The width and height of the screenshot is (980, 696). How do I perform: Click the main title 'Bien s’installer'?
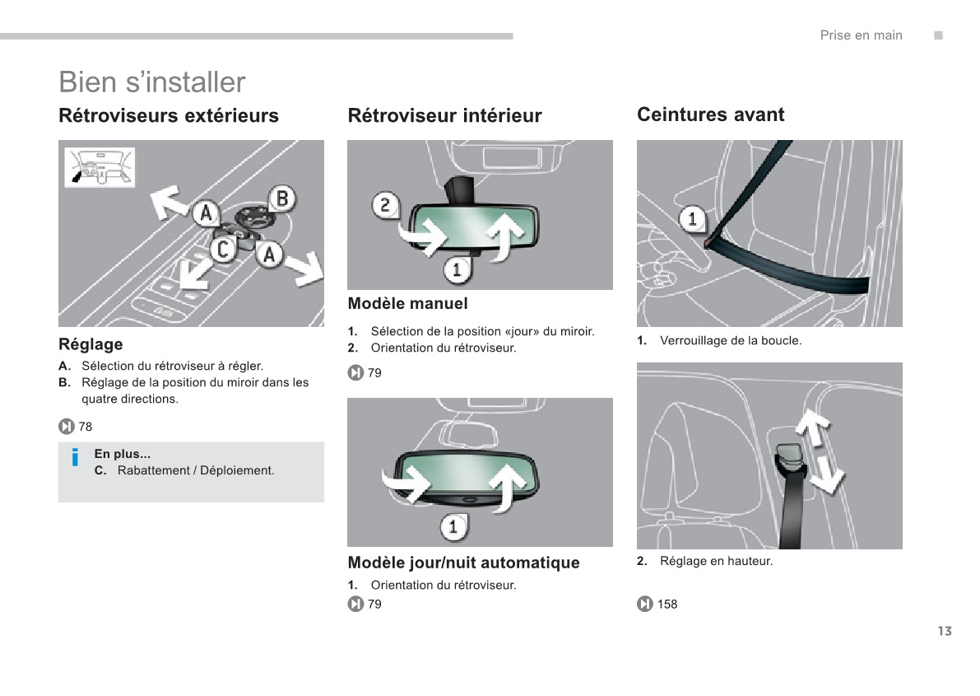pos(152,82)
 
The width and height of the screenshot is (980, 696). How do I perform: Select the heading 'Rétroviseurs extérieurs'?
pos(169,115)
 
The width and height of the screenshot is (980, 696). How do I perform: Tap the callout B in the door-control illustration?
pos(282,199)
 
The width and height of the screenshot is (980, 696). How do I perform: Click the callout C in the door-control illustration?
pos(222,249)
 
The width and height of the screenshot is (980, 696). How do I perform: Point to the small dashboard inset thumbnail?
pos(100,167)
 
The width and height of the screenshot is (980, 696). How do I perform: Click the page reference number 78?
pos(86,427)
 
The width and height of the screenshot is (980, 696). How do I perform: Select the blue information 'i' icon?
pos(75,457)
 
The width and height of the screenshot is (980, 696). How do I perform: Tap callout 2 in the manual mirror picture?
pos(386,205)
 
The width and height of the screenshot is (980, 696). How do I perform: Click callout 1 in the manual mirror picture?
pos(457,269)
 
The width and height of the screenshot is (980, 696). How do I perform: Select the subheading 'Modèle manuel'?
pos(407,304)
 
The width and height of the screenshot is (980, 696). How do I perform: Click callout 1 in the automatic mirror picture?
pos(453,526)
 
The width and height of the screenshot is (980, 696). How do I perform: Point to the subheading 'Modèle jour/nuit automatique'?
pos(463,563)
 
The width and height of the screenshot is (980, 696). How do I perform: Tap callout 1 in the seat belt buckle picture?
pos(692,219)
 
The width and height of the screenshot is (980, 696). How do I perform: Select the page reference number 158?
pos(667,605)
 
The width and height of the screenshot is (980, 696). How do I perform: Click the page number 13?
pos(944,631)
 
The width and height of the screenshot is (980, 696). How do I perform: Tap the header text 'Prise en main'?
pos(861,35)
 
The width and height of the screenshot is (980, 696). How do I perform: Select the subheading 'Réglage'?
pos(91,344)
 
